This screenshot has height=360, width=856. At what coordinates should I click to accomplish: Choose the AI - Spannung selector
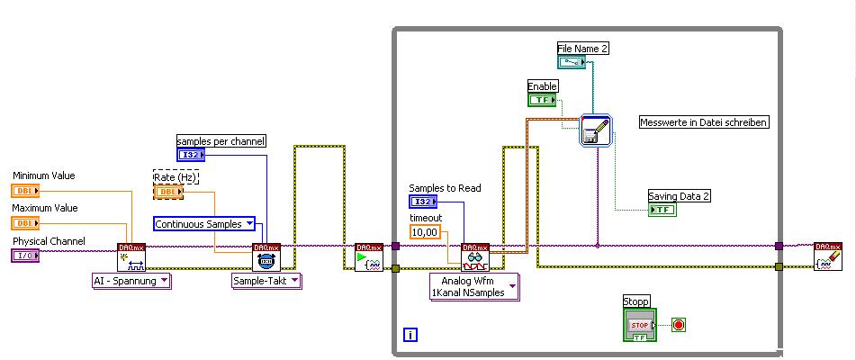pyautogui.click(x=131, y=281)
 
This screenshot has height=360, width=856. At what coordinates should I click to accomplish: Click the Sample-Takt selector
pyautogui.click(x=266, y=281)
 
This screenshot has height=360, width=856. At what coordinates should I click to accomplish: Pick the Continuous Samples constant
pyautogui.click(x=204, y=223)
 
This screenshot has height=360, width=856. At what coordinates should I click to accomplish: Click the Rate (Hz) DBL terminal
pyautogui.click(x=168, y=192)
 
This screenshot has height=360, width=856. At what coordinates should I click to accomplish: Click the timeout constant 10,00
pyautogui.click(x=424, y=232)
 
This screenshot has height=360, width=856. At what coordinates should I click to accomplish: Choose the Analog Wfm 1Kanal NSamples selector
pyautogui.click(x=473, y=286)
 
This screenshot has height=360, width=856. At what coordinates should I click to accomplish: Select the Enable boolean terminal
pyautogui.click(x=542, y=100)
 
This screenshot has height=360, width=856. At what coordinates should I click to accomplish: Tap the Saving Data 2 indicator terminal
pyautogui.click(x=662, y=210)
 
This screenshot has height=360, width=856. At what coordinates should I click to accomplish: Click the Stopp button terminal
pyautogui.click(x=639, y=325)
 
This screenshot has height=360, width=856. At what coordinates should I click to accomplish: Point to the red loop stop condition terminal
pyautogui.click(x=679, y=324)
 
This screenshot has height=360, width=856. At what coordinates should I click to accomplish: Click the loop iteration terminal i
pyautogui.click(x=410, y=336)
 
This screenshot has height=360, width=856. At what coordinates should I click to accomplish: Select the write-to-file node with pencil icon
pyautogui.click(x=596, y=130)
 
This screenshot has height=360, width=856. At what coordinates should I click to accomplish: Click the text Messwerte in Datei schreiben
pyautogui.click(x=703, y=121)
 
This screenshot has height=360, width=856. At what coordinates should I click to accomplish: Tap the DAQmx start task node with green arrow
pyautogui.click(x=369, y=256)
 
